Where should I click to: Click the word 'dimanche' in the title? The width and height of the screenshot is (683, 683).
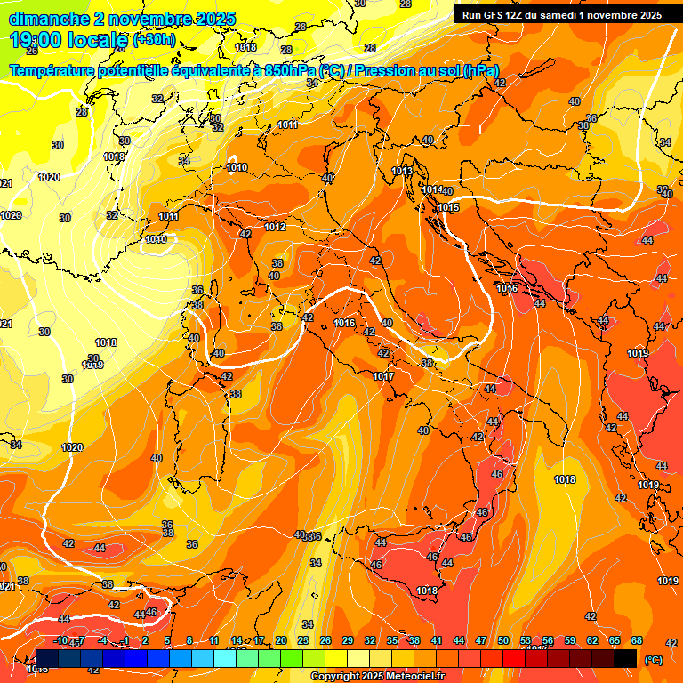(49, 18)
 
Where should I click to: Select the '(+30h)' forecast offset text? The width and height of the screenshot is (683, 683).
(155, 40)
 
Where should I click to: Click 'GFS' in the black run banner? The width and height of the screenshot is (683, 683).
(494, 15)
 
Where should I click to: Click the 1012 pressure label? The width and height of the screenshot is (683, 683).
(275, 227)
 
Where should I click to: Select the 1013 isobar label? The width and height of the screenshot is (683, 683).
(402, 171)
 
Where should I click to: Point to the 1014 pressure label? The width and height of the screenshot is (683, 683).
(432, 189)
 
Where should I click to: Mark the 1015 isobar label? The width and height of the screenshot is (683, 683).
(448, 207)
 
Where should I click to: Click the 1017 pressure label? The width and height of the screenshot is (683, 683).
(383, 376)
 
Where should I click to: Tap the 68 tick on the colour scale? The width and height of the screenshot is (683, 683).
(637, 640)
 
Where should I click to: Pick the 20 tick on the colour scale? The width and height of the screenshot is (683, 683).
(281, 640)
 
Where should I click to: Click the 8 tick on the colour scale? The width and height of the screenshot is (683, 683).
(189, 640)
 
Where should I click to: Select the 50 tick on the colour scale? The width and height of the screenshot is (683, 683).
(503, 640)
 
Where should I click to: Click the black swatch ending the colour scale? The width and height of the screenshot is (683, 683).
(625, 658)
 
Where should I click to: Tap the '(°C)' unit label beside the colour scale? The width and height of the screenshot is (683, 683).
(653, 659)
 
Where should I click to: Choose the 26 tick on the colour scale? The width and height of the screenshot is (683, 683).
(325, 640)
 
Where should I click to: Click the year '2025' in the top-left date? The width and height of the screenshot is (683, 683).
(215, 18)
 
